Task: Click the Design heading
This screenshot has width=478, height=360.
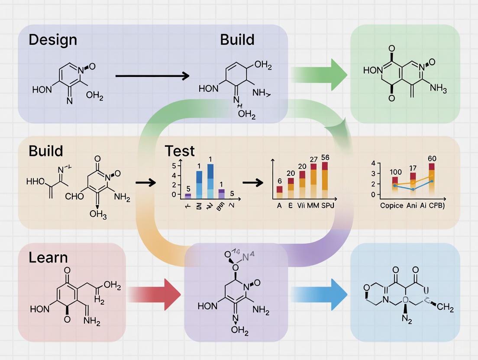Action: pos(53,40)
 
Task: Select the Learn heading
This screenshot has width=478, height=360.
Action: pos(48,257)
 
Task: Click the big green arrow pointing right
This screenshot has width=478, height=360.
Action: pos(320,74)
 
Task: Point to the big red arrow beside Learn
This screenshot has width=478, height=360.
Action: pos(155,295)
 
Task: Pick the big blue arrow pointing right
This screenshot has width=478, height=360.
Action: pos(320,295)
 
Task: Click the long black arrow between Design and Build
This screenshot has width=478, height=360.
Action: pos(152,76)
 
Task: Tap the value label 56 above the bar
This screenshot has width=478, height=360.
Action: pos(326,157)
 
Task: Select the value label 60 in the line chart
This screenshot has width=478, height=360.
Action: pos(432,158)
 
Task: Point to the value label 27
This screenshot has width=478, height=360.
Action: pos(314,160)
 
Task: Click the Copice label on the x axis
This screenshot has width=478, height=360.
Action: pos(391,205)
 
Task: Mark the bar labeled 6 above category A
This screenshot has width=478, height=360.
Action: pos(280,189)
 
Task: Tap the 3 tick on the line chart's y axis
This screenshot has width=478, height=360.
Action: pos(373,174)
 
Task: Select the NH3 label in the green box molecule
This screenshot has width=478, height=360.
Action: pos(437,89)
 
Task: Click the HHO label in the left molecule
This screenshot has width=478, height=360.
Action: pos(35,181)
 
